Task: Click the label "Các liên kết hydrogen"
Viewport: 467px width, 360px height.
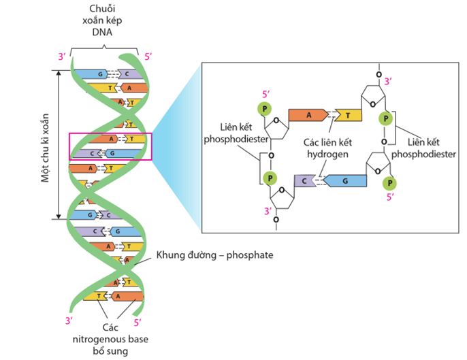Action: [326, 148]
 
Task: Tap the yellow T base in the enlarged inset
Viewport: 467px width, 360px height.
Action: [347, 115]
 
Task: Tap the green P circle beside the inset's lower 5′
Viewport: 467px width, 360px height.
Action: [390, 183]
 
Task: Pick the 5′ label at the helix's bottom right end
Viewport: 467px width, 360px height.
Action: [139, 322]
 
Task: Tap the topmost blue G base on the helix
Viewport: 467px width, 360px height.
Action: [99, 73]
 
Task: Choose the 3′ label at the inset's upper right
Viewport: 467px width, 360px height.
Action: [388, 81]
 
